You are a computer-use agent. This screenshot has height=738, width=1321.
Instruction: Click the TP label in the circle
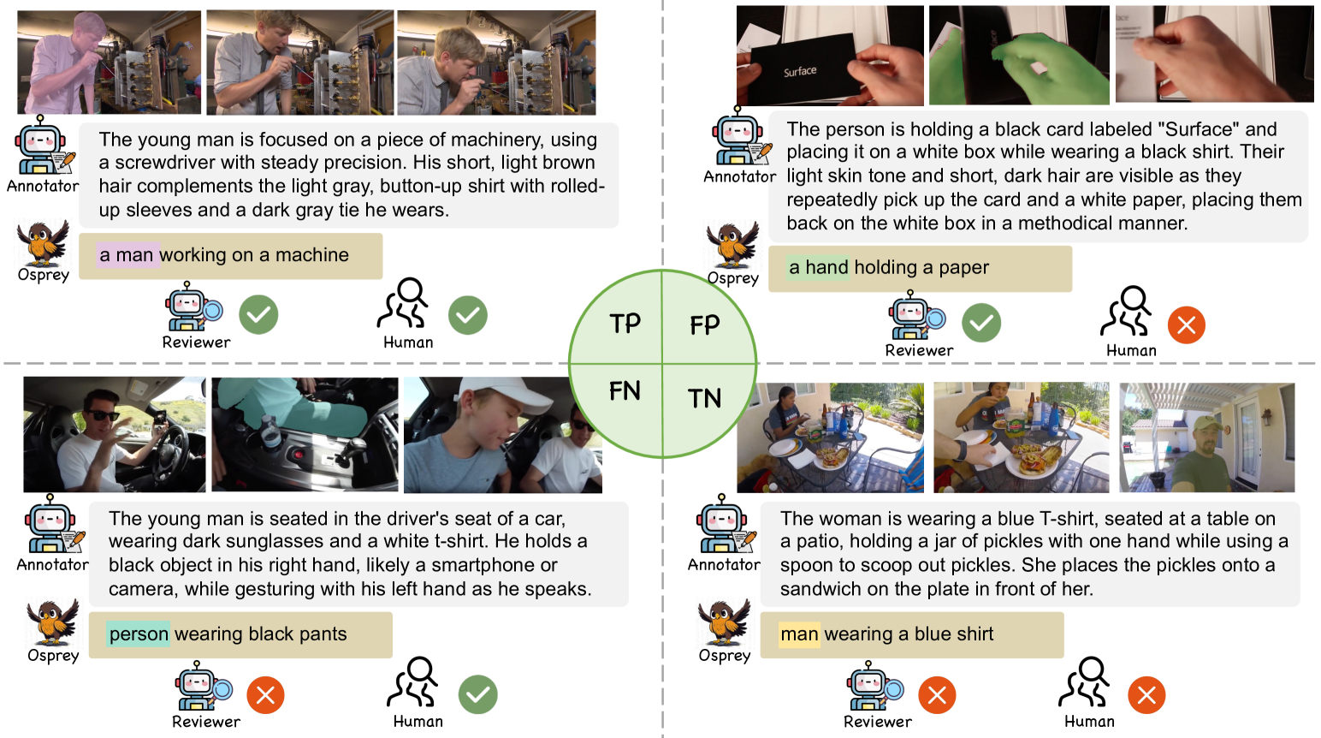point(625,324)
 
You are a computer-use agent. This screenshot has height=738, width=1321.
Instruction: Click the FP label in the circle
point(705,324)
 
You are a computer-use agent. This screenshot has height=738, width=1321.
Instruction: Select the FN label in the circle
point(625,390)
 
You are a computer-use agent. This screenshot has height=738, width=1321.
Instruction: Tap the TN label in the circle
point(704,398)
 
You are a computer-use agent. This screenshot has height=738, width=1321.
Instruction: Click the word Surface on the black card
point(800,72)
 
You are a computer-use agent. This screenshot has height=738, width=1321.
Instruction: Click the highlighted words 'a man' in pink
point(127,255)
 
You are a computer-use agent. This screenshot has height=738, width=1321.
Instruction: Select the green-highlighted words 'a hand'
point(819,267)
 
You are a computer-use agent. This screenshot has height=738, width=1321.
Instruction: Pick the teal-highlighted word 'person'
point(139,634)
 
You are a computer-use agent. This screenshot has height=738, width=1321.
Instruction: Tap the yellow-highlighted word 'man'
point(799,634)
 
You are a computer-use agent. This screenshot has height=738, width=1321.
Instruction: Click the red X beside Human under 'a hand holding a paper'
point(1187,325)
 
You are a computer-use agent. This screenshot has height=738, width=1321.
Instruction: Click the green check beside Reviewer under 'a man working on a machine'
point(258,315)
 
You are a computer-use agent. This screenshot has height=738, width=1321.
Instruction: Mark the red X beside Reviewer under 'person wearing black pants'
point(265,695)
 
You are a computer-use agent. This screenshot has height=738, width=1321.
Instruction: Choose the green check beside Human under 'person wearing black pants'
point(477,694)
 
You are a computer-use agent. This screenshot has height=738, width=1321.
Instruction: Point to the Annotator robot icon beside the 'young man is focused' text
point(43,146)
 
